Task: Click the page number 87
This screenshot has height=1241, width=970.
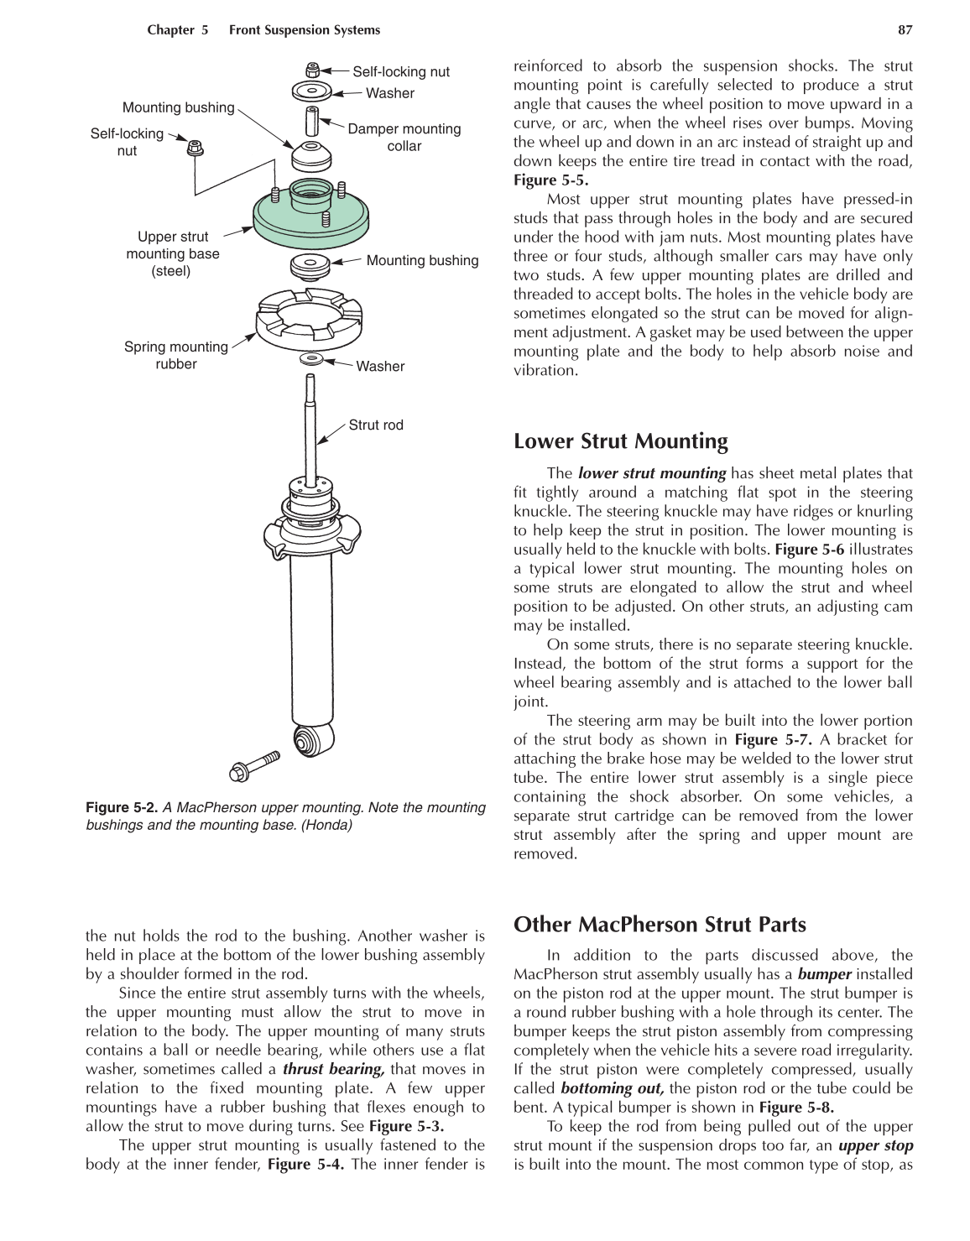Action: coord(905,30)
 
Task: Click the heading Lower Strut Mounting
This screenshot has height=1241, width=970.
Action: coord(620,441)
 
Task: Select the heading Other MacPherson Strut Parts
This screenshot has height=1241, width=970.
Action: coord(660,925)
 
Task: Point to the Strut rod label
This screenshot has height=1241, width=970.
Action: coord(375,425)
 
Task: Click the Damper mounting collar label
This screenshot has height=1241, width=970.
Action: coord(404,138)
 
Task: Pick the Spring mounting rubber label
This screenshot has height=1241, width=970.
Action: coord(175,355)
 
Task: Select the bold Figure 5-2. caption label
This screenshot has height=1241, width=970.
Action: coord(122,807)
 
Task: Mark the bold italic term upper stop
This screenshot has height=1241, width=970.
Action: coord(875,1145)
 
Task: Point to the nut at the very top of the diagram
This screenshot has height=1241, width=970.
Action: coord(312,70)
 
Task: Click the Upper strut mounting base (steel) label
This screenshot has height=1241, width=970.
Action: coord(172,253)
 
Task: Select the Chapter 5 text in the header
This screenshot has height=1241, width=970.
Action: coord(177,30)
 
